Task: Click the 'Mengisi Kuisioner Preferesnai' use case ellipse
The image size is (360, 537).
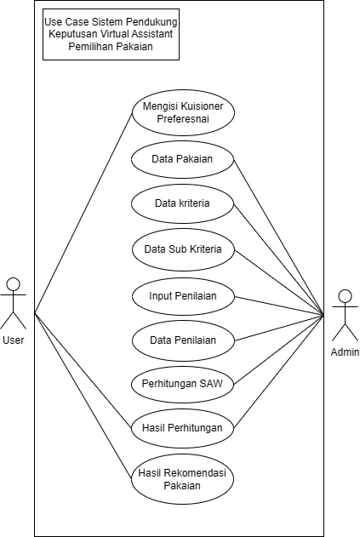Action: (x=183, y=112)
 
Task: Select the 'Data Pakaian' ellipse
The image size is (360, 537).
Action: (x=183, y=159)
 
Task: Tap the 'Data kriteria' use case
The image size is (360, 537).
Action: (x=183, y=203)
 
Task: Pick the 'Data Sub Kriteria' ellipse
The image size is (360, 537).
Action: (x=183, y=249)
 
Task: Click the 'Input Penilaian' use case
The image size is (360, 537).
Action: (x=183, y=296)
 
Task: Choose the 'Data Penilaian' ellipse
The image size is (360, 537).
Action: (x=183, y=340)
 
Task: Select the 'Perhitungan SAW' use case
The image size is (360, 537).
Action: (x=183, y=384)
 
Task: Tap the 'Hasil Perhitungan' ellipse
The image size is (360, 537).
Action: (x=183, y=428)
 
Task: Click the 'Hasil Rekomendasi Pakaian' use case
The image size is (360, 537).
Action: (x=183, y=479)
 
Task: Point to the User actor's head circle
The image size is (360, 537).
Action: (x=14, y=284)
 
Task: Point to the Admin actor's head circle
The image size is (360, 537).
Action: (x=345, y=296)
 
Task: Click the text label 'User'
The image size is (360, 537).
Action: (x=14, y=340)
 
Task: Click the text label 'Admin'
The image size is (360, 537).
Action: (x=345, y=352)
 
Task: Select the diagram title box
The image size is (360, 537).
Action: (x=111, y=34)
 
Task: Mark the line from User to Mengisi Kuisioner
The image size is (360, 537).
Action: (x=83, y=213)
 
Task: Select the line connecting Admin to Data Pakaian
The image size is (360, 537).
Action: (x=279, y=237)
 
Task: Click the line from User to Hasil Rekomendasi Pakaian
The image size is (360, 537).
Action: (x=83, y=396)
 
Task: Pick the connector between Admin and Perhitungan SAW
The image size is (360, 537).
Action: (x=279, y=349)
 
